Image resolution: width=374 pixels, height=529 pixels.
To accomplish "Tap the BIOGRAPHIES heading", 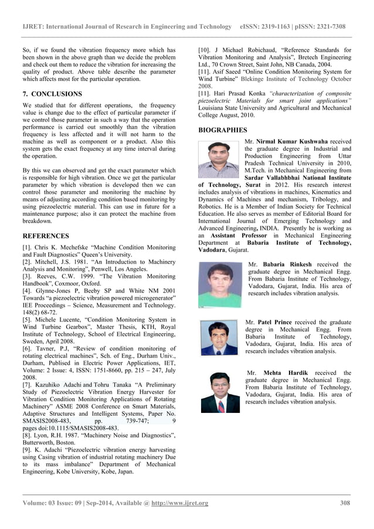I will [x=223, y=130].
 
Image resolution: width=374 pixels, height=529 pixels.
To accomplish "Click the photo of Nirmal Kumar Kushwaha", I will [x=219, y=160].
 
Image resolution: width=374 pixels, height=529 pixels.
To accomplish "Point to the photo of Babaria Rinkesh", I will [x=221, y=284].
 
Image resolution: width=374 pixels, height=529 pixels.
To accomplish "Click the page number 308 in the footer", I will [x=345, y=503].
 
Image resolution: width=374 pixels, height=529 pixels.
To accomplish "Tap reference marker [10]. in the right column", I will [x=206, y=50].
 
